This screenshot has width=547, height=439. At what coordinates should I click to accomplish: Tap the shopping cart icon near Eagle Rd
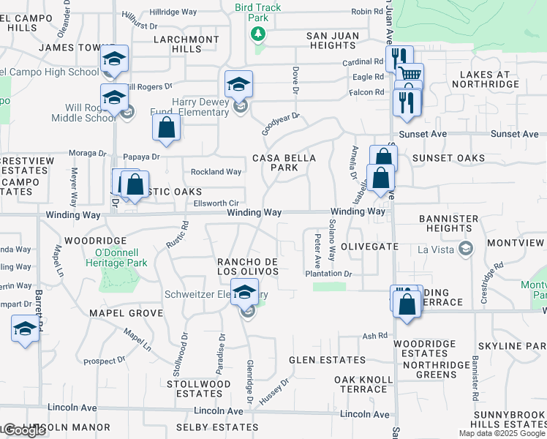click(410, 74)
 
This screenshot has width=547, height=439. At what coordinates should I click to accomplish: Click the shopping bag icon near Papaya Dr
click(167, 128)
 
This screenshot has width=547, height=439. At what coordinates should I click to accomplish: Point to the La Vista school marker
click(464, 249)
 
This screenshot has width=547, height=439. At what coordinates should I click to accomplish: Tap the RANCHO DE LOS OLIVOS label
click(247, 266)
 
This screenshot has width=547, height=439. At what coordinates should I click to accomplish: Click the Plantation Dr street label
click(329, 274)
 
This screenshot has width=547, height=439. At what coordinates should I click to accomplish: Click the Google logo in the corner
click(24, 430)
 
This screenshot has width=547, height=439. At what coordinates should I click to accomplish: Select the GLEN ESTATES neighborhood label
click(327, 360)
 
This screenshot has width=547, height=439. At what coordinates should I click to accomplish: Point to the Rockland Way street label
click(216, 172)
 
